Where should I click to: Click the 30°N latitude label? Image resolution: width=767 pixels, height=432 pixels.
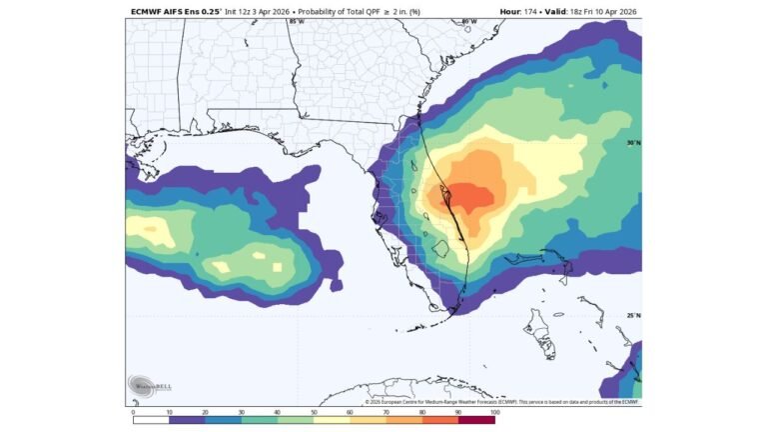(632, 142)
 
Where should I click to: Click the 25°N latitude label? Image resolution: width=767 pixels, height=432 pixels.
(632, 315)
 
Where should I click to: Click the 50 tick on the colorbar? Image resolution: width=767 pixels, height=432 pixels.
(314, 412)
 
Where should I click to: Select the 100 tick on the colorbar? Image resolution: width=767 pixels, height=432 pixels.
(493, 412)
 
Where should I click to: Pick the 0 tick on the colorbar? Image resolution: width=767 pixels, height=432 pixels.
(133, 412)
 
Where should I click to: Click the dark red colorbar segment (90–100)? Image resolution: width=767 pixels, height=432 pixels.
(476, 420)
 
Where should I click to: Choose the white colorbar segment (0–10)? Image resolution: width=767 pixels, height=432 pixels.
(151, 420)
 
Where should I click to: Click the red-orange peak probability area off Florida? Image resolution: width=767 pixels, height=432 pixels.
(467, 196)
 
